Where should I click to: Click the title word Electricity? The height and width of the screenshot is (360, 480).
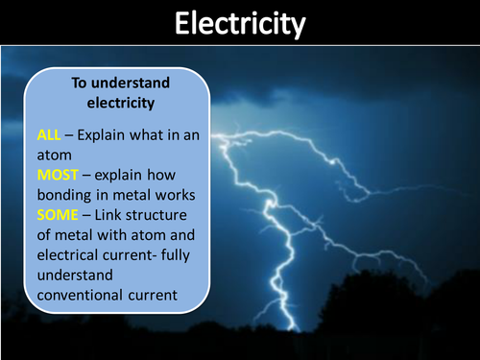(240, 23)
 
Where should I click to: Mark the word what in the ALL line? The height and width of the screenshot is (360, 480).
(152, 135)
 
